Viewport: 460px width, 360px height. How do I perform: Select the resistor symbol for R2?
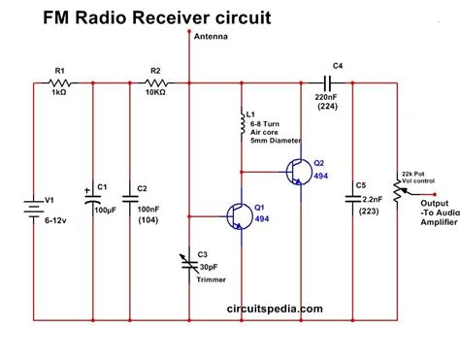click(x=155, y=84)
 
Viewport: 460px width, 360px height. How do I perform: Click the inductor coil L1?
click(x=240, y=124)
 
